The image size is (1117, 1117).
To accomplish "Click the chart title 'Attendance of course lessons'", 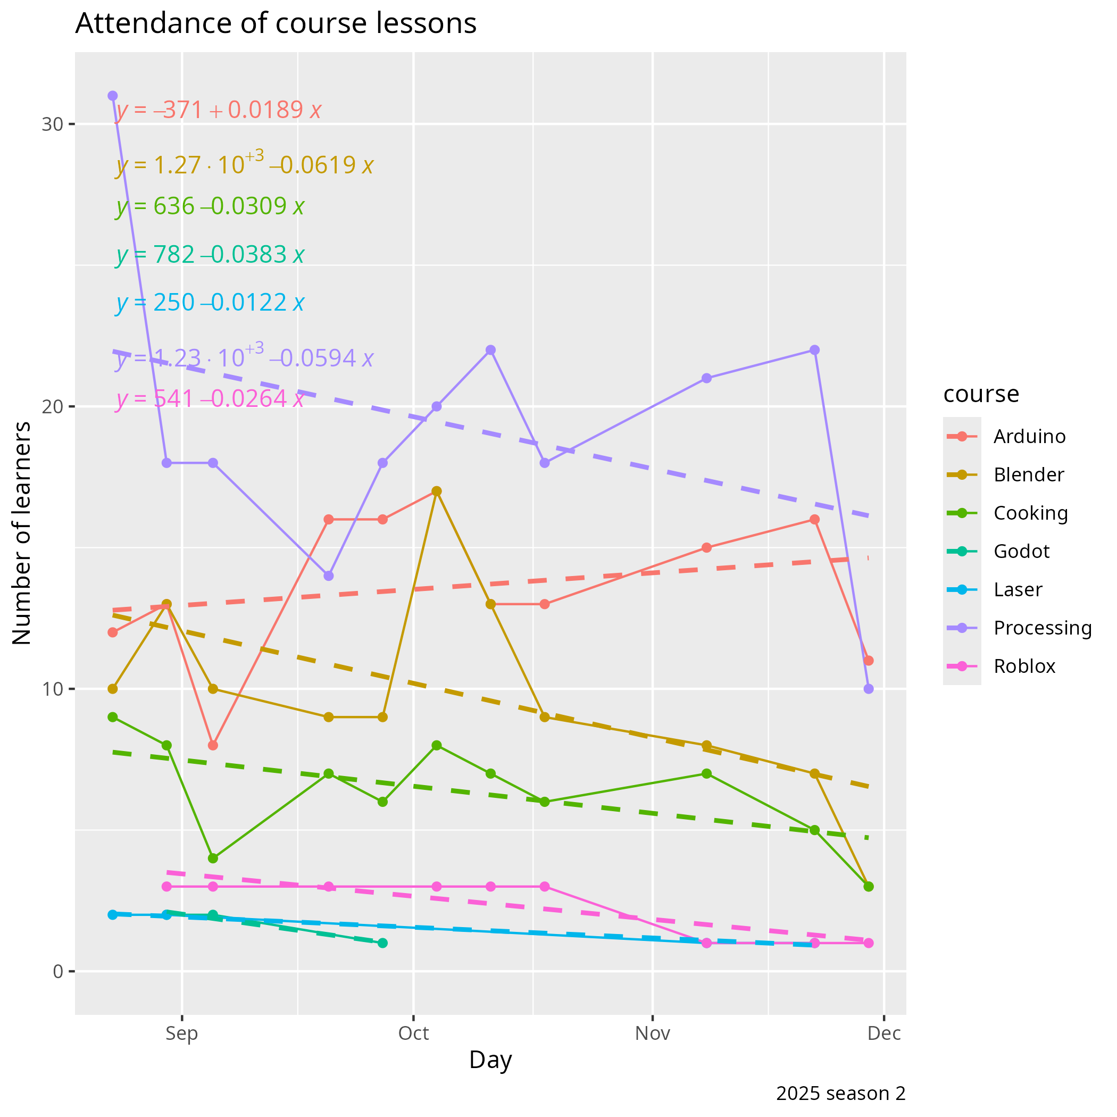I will coord(276,24).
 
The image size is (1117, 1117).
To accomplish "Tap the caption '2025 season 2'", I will coord(840,1093).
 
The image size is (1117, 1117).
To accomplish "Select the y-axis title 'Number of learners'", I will coord(22,533).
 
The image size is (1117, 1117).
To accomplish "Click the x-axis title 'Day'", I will coord(490,1060).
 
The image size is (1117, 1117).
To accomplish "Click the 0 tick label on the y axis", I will coord(58,971).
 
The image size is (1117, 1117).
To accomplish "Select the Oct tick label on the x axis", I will coord(413,1033).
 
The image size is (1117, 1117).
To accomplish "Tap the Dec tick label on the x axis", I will coord(884,1033).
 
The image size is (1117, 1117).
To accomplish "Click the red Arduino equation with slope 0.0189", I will coord(219,110).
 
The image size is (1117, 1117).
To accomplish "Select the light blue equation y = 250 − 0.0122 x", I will coord(210,302).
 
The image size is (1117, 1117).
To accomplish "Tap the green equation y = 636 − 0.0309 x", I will coord(210,206).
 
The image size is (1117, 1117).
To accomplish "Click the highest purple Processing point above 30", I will coord(113,96).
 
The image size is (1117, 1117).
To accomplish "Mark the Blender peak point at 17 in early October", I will coord(437,491).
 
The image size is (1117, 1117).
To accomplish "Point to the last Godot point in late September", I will coord(382,943).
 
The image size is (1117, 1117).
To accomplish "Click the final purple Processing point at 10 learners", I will coord(869,689).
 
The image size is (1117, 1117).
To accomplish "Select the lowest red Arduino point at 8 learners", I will coord(213,745).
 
